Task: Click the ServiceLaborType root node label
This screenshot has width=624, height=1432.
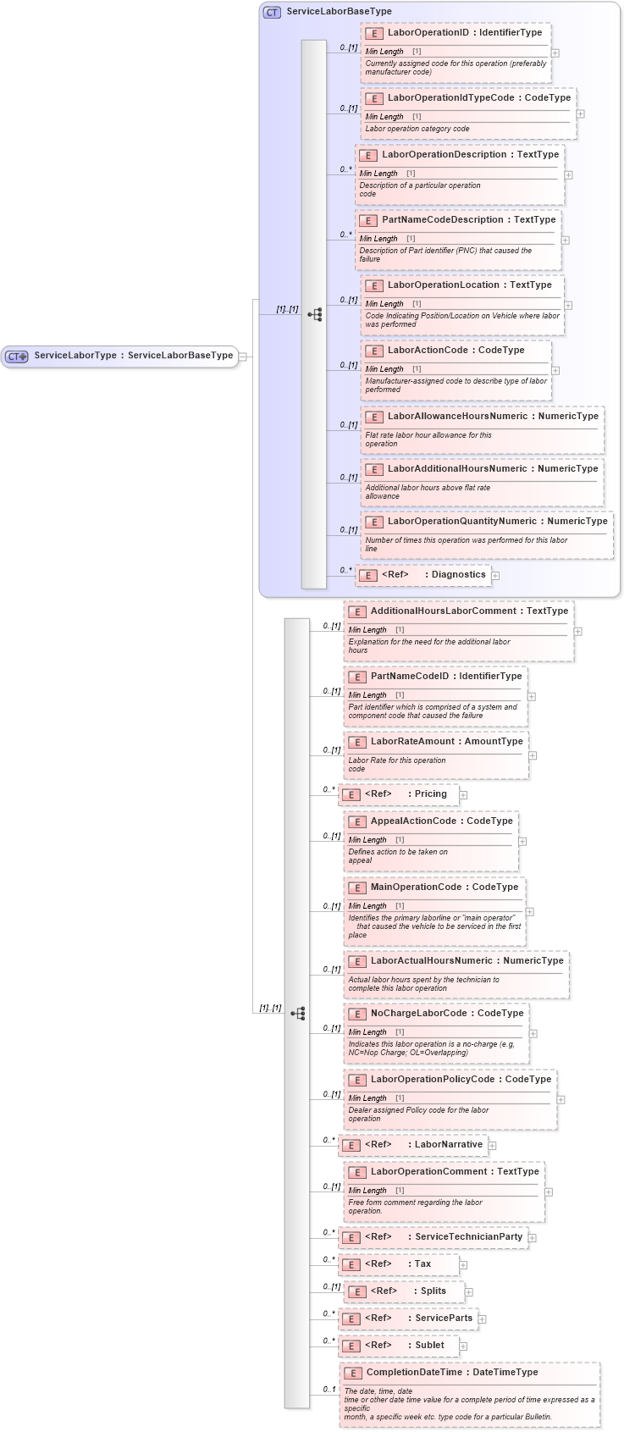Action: click(133, 356)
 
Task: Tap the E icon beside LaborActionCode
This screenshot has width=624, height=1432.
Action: click(374, 351)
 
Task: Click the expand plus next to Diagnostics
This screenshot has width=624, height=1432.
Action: click(495, 576)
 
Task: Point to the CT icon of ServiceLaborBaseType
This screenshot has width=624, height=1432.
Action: click(272, 12)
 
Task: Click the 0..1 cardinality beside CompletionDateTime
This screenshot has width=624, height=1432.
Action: click(329, 1390)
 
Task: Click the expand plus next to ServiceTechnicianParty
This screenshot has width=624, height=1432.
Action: click(532, 1238)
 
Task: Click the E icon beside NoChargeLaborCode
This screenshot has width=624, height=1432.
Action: click(357, 1014)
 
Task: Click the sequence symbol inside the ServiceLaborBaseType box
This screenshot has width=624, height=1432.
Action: click(315, 314)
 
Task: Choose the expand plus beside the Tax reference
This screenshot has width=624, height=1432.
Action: click(463, 1265)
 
